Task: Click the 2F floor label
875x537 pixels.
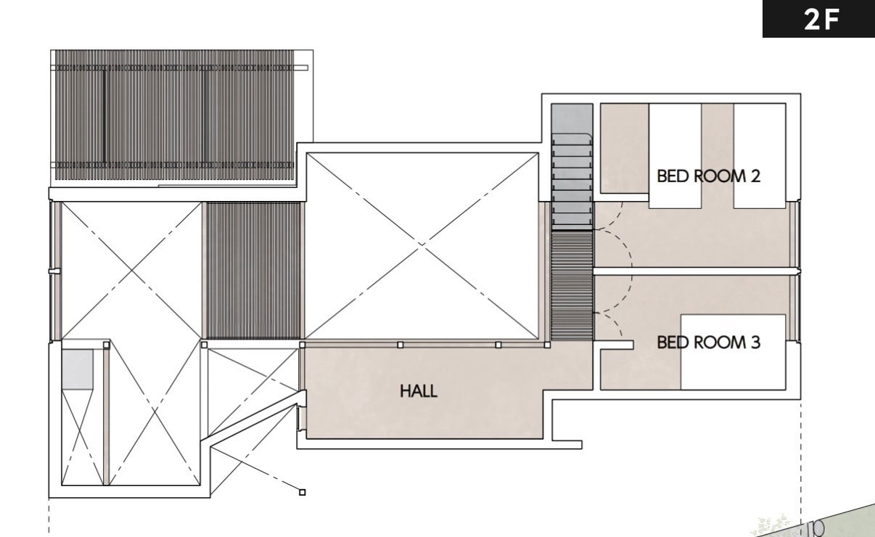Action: pyautogui.click(x=821, y=20)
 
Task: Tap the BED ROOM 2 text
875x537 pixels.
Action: pyautogui.click(x=709, y=176)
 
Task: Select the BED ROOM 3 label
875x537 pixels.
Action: pyautogui.click(x=709, y=343)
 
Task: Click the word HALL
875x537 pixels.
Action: pyautogui.click(x=419, y=391)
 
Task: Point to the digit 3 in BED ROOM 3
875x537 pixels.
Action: pyautogui.click(x=755, y=343)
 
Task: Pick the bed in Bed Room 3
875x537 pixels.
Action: pyautogui.click(x=734, y=352)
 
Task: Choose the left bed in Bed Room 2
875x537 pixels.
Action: pyautogui.click(x=675, y=155)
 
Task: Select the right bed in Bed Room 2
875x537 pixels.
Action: pyautogui.click(x=760, y=155)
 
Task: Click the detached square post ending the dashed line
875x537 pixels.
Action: pyautogui.click(x=303, y=493)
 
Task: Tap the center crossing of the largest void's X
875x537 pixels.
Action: pyautogui.click(x=422, y=245)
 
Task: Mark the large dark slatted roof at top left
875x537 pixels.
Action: pyautogui.click(x=174, y=115)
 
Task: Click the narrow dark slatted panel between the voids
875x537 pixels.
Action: pyautogui.click(x=253, y=271)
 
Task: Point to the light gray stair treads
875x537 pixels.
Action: pyautogui.click(x=572, y=181)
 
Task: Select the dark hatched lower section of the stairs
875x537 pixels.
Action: pyautogui.click(x=572, y=286)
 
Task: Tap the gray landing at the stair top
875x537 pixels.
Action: pyautogui.click(x=572, y=118)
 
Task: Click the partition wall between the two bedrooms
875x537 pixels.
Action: pyautogui.click(x=695, y=271)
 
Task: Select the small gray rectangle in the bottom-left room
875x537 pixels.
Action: pyautogui.click(x=78, y=369)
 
